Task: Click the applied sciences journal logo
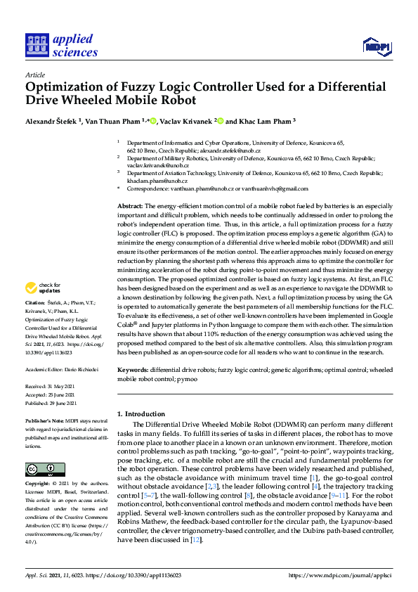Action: (61, 44)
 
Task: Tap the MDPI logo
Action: (376, 47)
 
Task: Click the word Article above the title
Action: (34, 74)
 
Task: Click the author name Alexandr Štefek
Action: (52, 121)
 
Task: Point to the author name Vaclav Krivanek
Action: (181, 121)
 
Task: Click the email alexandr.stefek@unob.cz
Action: (233, 150)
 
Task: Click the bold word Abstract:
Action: (130, 205)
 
